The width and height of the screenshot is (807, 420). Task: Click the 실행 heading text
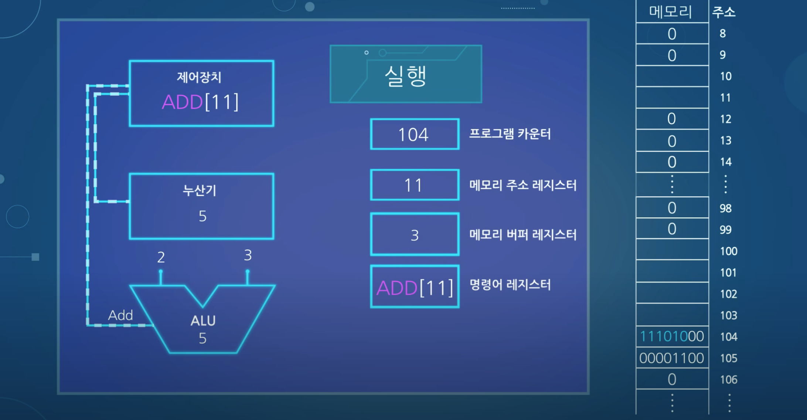coord(405,76)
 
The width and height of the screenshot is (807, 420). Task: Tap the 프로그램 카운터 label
coord(510,134)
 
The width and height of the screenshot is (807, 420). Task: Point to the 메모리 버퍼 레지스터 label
coord(523,234)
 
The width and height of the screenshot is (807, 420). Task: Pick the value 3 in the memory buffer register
coord(415,236)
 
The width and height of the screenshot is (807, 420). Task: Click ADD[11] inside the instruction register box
coord(415,288)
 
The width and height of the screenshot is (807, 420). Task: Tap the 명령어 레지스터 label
coord(510,285)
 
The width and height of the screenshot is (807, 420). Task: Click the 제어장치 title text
coord(199,78)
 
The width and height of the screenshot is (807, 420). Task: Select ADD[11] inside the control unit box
coord(200,102)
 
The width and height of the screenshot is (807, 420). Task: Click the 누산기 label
coord(200,190)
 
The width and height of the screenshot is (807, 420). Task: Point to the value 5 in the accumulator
coord(202,216)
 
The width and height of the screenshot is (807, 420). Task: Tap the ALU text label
coord(203,321)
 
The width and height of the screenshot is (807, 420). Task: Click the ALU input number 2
coord(161,257)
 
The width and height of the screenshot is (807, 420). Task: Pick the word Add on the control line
coord(120,315)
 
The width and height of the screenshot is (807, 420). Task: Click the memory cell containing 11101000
coord(672,336)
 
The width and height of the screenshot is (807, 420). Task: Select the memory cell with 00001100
coord(672,358)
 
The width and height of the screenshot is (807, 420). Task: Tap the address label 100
coord(728,251)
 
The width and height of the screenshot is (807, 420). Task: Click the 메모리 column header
coord(670,12)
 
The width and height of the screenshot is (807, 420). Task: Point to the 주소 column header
coord(723,12)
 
